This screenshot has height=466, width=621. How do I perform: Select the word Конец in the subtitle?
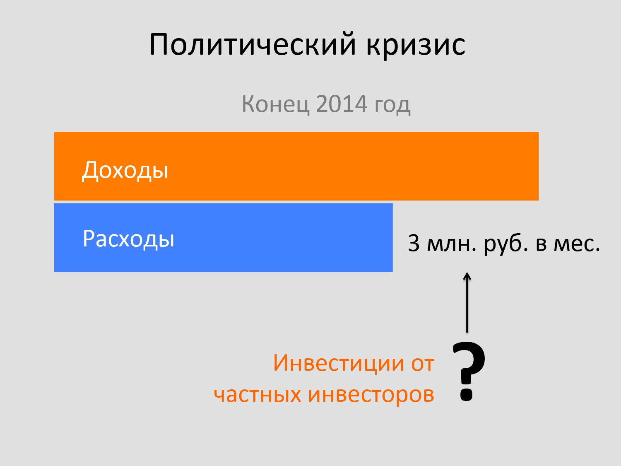(275, 104)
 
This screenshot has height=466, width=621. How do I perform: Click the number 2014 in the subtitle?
(342, 104)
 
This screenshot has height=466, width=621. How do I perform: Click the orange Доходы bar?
(296, 166)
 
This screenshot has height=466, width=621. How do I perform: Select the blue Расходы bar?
(223, 238)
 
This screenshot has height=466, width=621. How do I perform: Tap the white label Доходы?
(125, 170)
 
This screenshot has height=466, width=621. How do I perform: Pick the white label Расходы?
(128, 239)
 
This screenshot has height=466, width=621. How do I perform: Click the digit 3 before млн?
(414, 243)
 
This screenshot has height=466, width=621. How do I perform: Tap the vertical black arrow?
(467, 302)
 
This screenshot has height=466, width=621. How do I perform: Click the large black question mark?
(469, 371)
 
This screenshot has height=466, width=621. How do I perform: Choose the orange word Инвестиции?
(339, 363)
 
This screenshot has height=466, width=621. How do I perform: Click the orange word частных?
(257, 394)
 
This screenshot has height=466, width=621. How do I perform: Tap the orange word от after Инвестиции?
(423, 364)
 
